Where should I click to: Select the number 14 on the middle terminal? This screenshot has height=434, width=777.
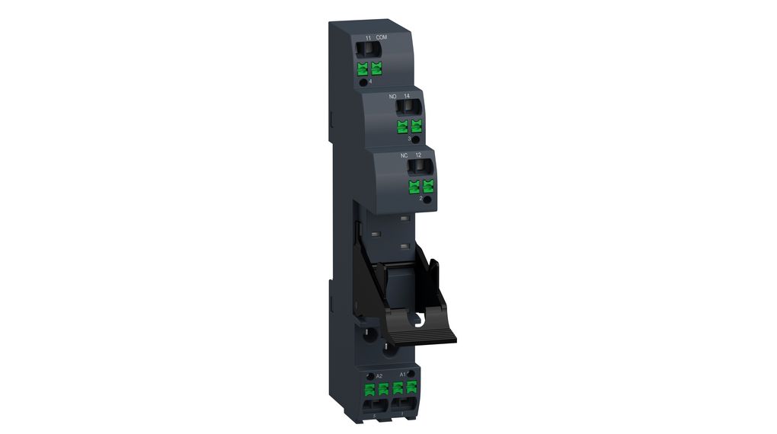click(x=408, y=97)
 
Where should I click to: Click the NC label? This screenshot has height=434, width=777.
click(x=404, y=155)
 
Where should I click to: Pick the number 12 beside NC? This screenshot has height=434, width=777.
click(x=418, y=155)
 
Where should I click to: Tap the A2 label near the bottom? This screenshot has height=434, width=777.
click(x=379, y=376)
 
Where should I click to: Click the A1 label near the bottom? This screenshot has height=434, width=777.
click(x=402, y=374)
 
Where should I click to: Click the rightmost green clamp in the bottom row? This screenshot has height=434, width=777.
click(x=412, y=388)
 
